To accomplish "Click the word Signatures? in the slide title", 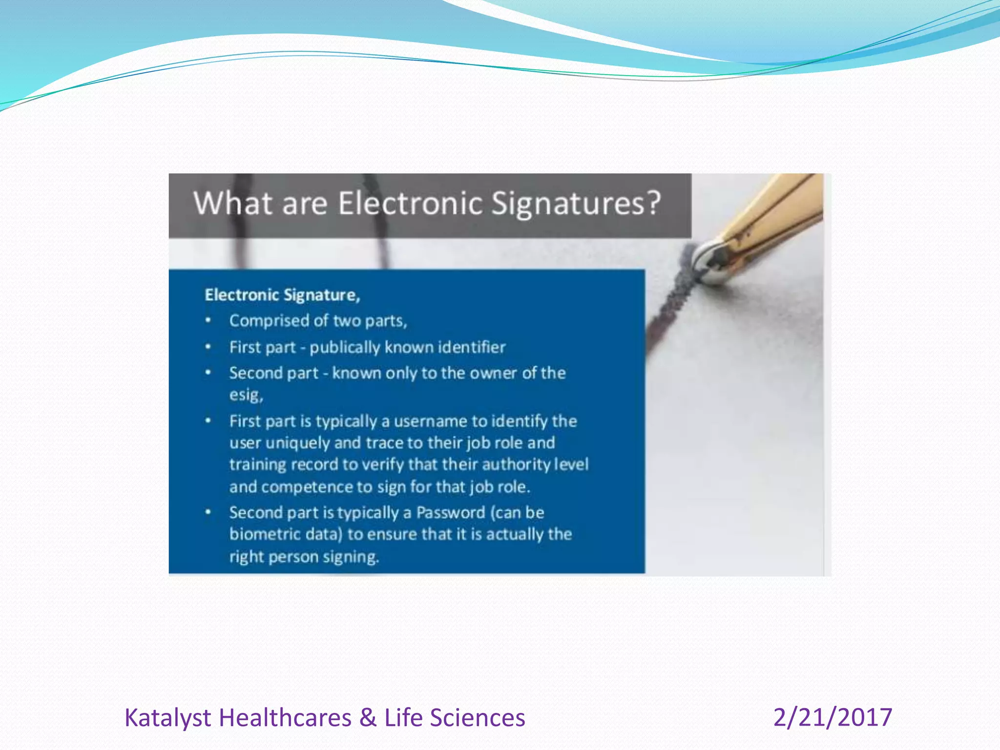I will (576, 203).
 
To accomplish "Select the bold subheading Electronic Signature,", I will (282, 295).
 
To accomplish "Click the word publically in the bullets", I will (345, 347).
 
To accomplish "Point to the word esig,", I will (246, 395).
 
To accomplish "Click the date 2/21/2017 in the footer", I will (833, 717).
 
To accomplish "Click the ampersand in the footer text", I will (368, 717).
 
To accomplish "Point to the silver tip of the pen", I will (709, 264).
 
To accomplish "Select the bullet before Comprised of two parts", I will (208, 320).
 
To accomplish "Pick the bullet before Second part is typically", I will (208, 512).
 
